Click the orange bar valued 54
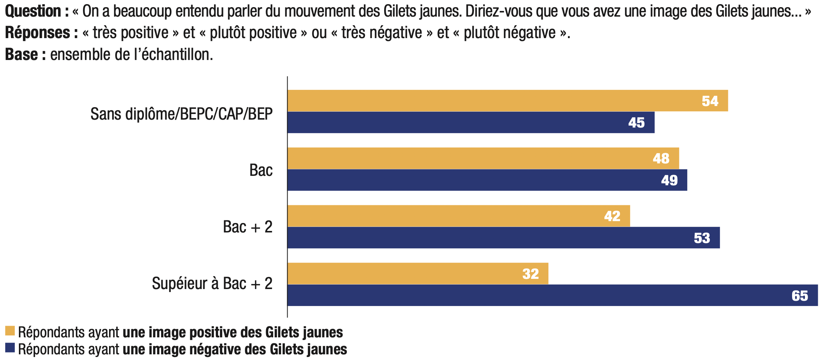pyautogui.click(x=508, y=101)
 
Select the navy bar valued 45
pyautogui.click(x=471, y=122)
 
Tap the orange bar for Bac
pyautogui.click(x=483, y=158)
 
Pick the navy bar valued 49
pyautogui.click(x=487, y=180)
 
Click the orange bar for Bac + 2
pyautogui.click(x=459, y=216)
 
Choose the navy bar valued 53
pyautogui.click(x=503, y=238)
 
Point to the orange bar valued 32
pyautogui.click(x=418, y=274)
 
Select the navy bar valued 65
pyautogui.click(x=552, y=295)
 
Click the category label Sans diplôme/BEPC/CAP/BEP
pyautogui.click(x=182, y=114)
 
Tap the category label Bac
pyautogui.click(x=261, y=170)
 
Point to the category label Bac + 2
pyautogui.click(x=248, y=227)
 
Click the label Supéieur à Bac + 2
pyautogui.click(x=212, y=283)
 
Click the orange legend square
pyautogui.click(x=10, y=331)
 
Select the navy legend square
pyautogui.click(x=10, y=348)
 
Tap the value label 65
pyautogui.click(x=800, y=296)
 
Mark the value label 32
pyautogui.click(x=530, y=274)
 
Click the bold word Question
pyautogui.click(x=33, y=11)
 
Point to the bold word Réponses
pyautogui.click(x=37, y=33)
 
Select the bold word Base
pyautogui.click(x=22, y=55)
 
